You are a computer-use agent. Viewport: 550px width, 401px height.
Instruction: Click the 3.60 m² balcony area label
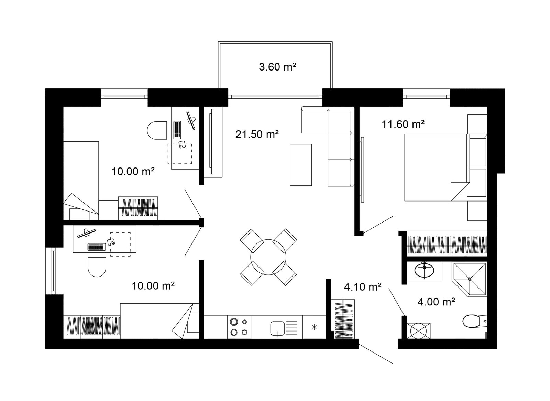coord(277,67)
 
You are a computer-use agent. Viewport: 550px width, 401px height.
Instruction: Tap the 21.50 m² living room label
coord(257,134)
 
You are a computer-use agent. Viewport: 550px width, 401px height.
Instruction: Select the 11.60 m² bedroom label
coord(403,124)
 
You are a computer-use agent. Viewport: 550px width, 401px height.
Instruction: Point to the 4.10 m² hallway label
coord(363,287)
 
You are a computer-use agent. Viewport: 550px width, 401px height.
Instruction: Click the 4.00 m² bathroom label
coord(436,302)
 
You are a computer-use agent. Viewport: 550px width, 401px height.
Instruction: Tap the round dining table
coord(268,257)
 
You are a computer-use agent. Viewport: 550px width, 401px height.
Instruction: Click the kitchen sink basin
coord(277,328)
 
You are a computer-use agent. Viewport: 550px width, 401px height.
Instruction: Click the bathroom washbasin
coord(424,270)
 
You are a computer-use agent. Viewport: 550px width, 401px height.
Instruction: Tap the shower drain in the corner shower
coord(470,279)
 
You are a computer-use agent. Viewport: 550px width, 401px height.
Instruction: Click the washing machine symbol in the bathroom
coord(418,331)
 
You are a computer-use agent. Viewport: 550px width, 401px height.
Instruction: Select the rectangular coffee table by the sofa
coord(301,165)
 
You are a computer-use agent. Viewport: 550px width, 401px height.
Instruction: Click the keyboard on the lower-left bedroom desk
coord(97,247)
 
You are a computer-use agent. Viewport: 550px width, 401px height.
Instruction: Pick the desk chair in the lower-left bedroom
coord(97,267)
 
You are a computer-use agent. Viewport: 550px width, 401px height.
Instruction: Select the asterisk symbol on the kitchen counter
coord(314,327)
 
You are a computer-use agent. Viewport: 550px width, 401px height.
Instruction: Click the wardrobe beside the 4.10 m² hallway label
coord(343,319)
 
